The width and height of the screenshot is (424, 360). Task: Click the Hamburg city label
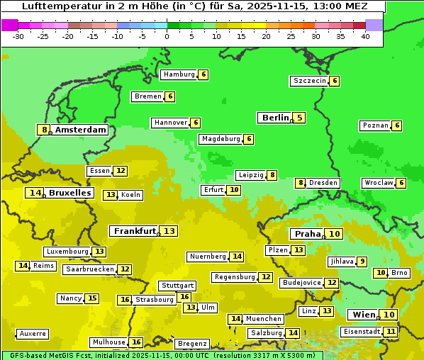179,74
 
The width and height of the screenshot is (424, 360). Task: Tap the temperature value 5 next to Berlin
299,118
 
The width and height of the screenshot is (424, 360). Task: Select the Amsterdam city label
81,130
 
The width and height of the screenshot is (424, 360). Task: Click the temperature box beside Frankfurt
169,231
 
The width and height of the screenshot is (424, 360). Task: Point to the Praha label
308,234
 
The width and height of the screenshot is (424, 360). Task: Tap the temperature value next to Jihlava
362,261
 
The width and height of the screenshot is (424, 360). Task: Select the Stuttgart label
177,286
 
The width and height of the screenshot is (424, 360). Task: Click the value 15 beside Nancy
92,298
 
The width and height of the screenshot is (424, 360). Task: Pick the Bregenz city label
192,344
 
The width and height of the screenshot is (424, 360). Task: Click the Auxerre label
33,333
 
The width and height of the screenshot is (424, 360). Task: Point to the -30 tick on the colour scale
18,36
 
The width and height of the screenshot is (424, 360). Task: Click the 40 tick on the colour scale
365,36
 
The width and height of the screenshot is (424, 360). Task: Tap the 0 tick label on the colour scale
167,36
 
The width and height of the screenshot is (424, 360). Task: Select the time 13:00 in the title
333,6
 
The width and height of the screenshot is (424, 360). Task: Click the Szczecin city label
310,81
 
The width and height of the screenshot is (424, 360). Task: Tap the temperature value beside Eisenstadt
391,331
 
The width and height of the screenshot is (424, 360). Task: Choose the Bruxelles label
69,193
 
